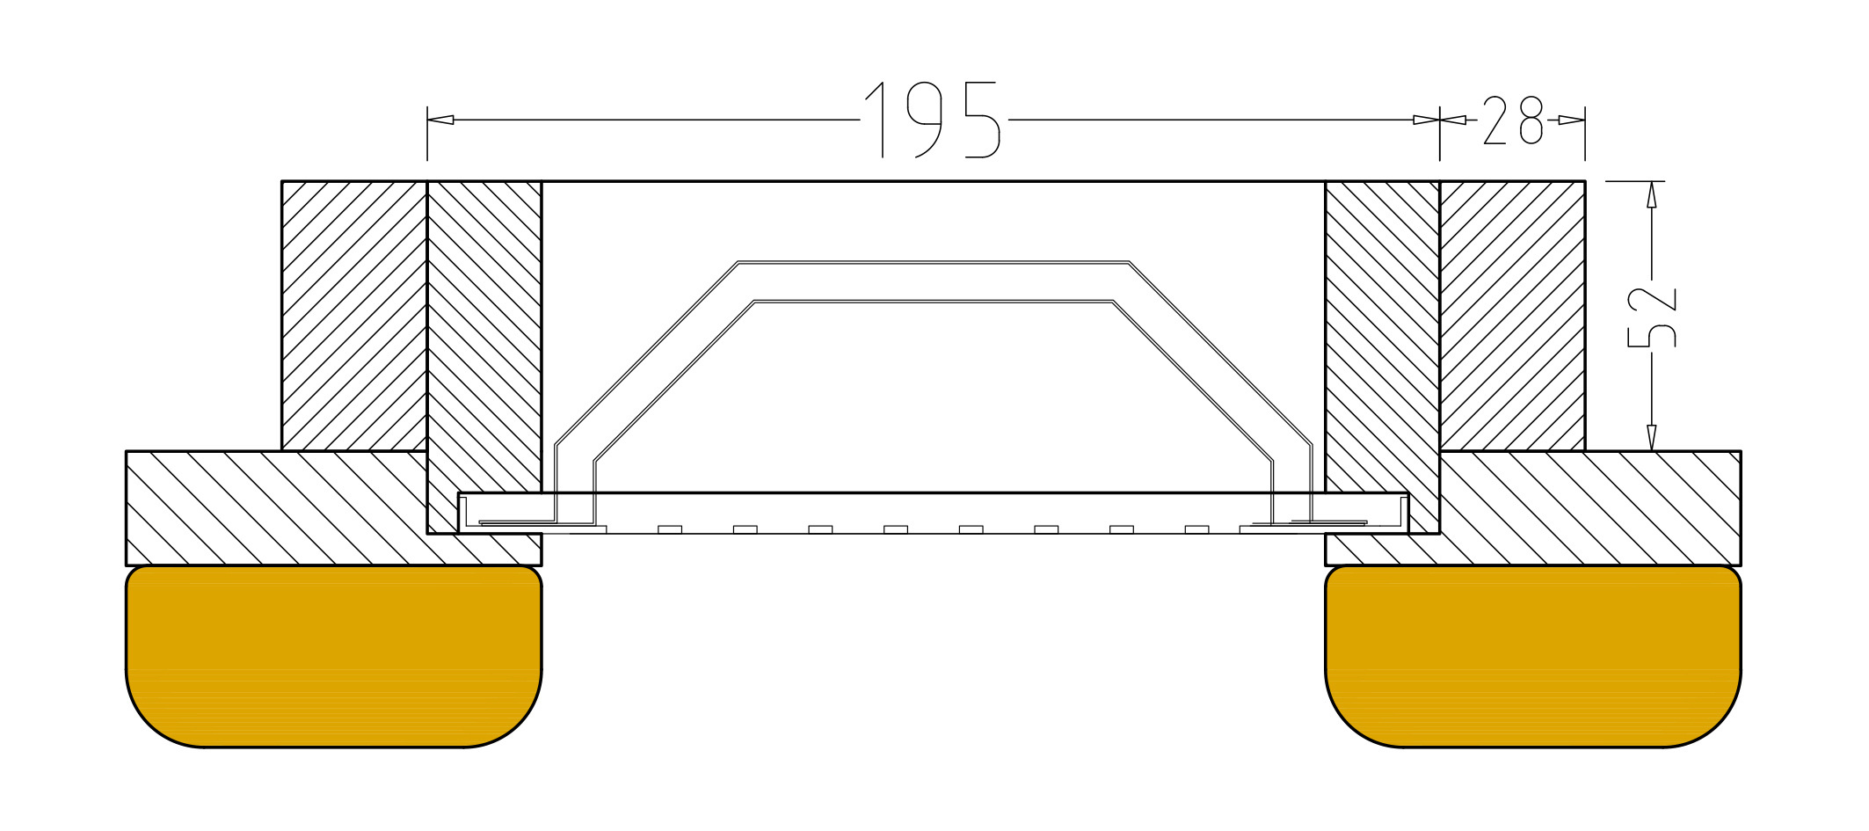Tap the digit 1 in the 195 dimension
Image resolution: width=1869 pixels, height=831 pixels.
pos(876,120)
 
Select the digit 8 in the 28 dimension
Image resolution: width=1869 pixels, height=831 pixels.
pos(1531,120)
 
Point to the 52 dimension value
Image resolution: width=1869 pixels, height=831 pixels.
pos(1652,317)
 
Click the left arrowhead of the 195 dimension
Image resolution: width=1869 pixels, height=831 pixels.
pos(440,120)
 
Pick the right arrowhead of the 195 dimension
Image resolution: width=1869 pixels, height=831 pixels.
pos(1426,120)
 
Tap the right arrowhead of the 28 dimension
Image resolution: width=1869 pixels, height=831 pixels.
pos(1572,120)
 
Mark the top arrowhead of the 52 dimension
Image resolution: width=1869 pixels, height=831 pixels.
pos(1652,194)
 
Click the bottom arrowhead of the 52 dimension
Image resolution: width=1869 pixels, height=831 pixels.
pos(1652,438)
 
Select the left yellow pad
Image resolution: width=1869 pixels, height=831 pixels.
pos(334,656)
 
